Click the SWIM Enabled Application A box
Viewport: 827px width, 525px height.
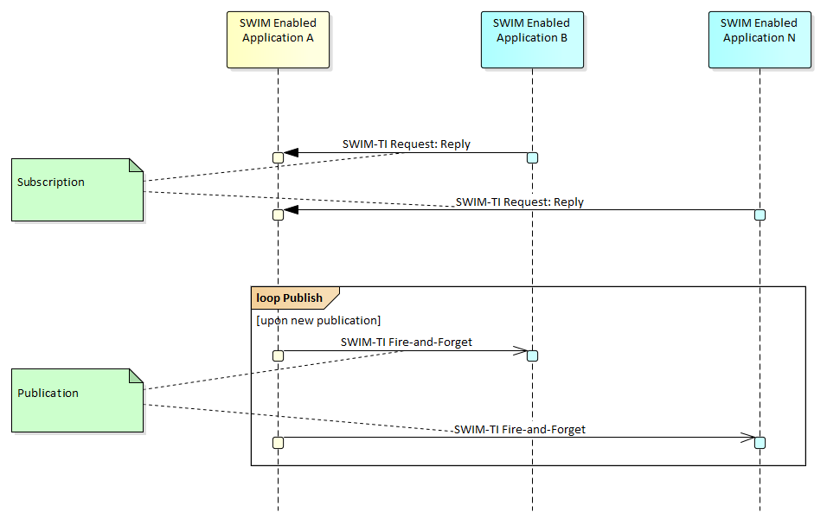click(278, 39)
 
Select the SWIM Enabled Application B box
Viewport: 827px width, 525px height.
click(531, 39)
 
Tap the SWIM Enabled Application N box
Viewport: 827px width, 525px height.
click(759, 39)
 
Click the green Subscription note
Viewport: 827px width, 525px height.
click(77, 189)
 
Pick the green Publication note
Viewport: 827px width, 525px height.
click(77, 400)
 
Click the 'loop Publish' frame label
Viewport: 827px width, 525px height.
click(290, 298)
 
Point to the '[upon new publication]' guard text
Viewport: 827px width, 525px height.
click(318, 321)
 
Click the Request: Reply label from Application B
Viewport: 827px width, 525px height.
click(407, 144)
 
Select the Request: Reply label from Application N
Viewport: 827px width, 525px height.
click(519, 202)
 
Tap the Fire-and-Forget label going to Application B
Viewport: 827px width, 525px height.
click(407, 343)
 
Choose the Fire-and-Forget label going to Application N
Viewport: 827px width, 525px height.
click(519, 430)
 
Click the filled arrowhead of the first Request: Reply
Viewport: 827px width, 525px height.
click(291, 153)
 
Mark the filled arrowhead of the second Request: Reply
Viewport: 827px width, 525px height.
click(291, 209)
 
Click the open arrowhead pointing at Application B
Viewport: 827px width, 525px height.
click(521, 351)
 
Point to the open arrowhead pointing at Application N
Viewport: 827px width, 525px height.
click(748, 438)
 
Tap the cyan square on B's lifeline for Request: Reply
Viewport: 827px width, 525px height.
click(532, 157)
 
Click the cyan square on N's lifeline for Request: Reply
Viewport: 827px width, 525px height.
click(760, 214)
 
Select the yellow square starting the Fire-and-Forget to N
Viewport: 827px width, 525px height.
click(278, 443)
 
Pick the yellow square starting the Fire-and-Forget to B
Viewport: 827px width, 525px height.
click(278, 355)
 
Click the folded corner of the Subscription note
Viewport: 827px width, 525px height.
click(136, 165)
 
